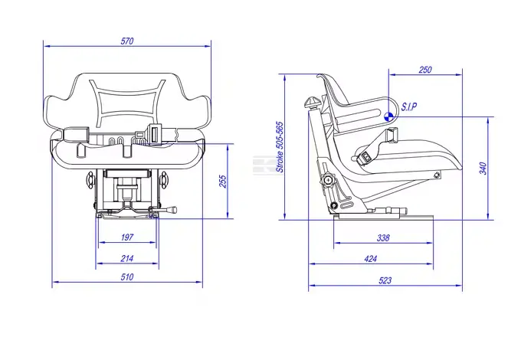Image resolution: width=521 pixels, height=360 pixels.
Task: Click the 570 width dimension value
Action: pos(127,41)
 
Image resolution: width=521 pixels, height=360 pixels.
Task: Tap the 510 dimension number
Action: pos(127,277)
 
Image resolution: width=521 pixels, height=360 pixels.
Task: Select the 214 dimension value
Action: pos(127,258)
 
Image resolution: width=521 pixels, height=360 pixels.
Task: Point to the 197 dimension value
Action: pos(127,237)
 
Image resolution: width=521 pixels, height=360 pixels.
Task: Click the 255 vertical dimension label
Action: pos(223,182)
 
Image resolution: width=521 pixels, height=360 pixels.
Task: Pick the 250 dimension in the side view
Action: pos(425,70)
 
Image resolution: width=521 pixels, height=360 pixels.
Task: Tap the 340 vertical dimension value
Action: pos(483,169)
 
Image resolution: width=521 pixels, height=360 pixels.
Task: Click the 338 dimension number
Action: pos(383,237)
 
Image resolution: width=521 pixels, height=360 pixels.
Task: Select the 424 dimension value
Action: pos(371,259)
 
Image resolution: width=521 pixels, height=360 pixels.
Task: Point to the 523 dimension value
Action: pos(385,280)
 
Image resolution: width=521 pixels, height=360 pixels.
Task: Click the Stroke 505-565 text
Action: pos(280,147)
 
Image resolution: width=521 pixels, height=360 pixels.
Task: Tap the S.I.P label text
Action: pos(409,107)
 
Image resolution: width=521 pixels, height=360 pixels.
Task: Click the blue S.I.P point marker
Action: pos(388,116)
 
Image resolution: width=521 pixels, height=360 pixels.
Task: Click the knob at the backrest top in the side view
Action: pos(312,102)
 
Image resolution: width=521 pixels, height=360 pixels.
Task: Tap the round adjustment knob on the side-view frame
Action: pos(328,180)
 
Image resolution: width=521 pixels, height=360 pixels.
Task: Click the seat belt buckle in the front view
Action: pos(155,133)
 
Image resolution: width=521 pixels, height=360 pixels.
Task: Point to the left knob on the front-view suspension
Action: pos(90,180)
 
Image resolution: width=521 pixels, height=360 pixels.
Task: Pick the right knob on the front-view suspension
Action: pos(163,180)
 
